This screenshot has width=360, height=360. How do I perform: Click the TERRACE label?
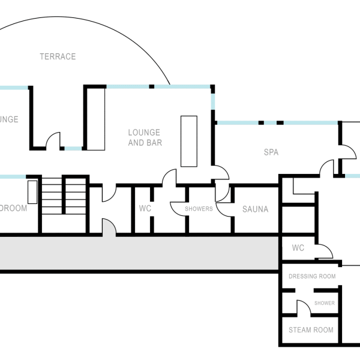(x=58, y=56)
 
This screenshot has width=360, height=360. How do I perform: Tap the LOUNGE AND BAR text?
(x=145, y=137)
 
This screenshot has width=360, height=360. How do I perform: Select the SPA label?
(x=271, y=152)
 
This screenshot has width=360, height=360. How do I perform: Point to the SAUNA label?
(x=255, y=209)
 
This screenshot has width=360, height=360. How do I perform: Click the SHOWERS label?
(x=199, y=209)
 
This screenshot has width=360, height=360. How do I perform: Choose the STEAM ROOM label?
(x=311, y=330)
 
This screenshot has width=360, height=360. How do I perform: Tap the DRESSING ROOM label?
(x=312, y=277)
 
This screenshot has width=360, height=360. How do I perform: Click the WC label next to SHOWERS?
(x=145, y=209)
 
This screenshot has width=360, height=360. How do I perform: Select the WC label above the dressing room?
(x=298, y=248)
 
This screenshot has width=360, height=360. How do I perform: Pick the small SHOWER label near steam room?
(x=324, y=304)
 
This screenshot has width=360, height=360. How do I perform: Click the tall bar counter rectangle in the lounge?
(x=189, y=141)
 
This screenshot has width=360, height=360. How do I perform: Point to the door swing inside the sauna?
(x=223, y=208)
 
